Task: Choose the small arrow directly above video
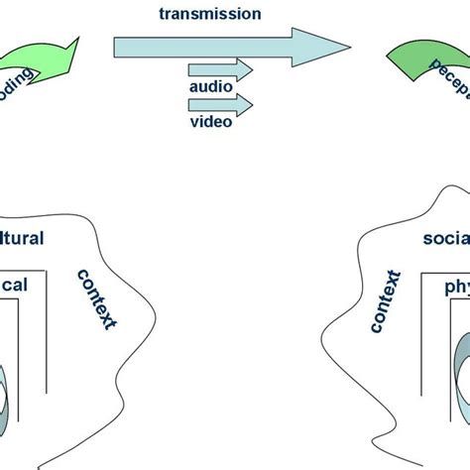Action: coord(219,104)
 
